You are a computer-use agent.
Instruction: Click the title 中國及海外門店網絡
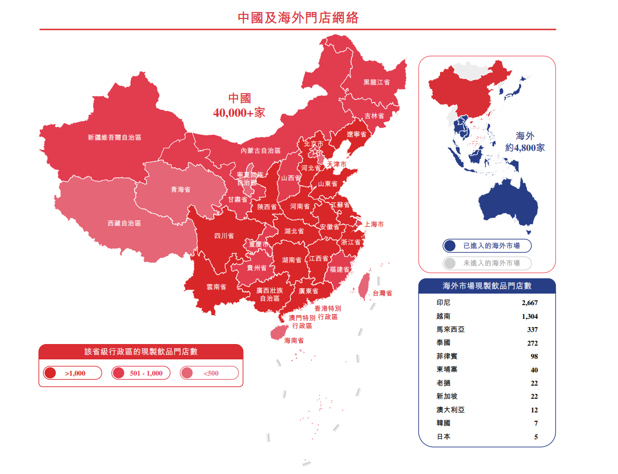[x=298, y=18]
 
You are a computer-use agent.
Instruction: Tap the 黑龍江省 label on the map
[x=376, y=83]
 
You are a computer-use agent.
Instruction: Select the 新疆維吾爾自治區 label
[x=114, y=138]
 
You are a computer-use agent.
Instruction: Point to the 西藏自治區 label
[x=124, y=224]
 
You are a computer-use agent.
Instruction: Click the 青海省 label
[x=181, y=190]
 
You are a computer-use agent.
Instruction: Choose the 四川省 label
[x=224, y=236]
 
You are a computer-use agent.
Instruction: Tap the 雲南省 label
[x=216, y=287]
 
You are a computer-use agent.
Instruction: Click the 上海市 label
[x=374, y=225]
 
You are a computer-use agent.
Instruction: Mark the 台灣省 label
[x=382, y=294]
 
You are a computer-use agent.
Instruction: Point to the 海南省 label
[x=294, y=341]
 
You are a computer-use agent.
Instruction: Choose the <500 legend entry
[x=209, y=374]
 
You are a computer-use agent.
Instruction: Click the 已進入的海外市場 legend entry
[x=487, y=246]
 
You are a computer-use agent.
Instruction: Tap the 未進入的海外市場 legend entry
[x=487, y=263]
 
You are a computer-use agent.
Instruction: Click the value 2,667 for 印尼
[x=530, y=303]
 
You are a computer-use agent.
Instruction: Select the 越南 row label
[x=443, y=317]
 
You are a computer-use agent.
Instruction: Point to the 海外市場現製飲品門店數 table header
[x=487, y=286]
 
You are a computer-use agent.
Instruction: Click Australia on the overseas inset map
[x=508, y=202]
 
